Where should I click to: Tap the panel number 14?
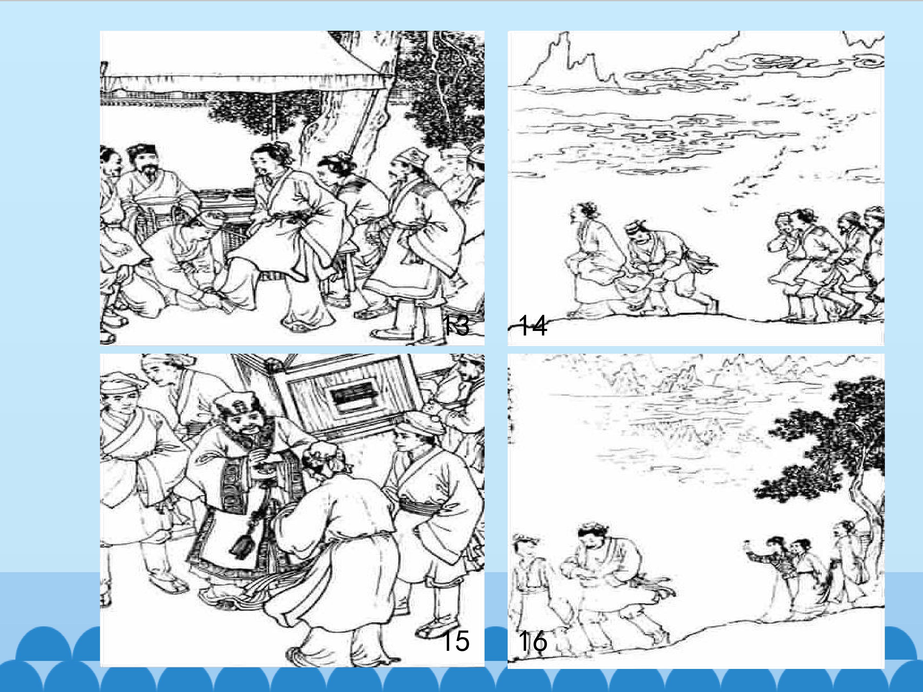point(532,325)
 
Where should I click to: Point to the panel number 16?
point(532,641)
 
